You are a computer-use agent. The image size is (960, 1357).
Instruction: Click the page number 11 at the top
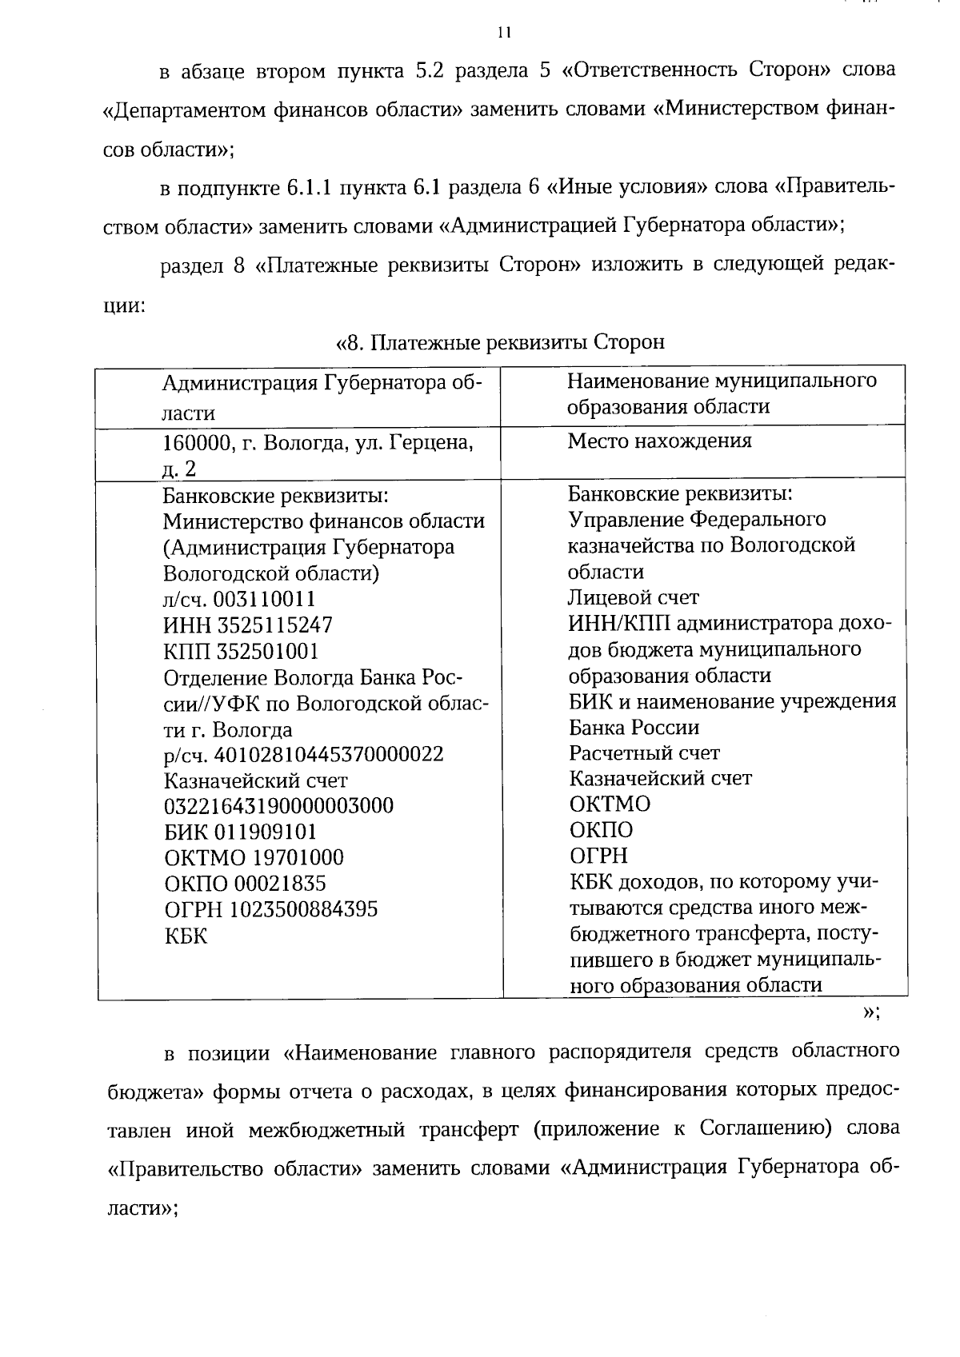tap(503, 33)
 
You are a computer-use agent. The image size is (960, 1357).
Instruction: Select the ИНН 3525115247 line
tap(248, 625)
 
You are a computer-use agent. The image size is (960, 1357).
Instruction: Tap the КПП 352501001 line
tap(241, 651)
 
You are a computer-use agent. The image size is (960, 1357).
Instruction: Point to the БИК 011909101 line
tap(240, 832)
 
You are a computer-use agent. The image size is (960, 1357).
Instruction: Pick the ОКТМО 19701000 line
tap(254, 857)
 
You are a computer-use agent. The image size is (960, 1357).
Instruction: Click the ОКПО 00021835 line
tap(245, 884)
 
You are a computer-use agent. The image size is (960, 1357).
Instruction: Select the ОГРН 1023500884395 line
tap(270, 909)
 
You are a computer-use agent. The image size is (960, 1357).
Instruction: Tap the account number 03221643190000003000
tap(278, 805)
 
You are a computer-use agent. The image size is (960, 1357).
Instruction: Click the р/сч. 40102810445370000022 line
tap(303, 754)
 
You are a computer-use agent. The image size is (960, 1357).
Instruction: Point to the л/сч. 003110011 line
tap(239, 599)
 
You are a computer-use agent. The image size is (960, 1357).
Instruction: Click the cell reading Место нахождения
tap(659, 441)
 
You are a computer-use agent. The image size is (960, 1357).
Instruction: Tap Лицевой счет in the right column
tap(634, 597)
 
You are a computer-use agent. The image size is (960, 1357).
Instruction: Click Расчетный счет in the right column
tap(644, 752)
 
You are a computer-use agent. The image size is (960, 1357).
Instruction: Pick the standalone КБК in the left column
tap(185, 936)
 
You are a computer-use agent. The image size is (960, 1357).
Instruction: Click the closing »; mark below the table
tap(871, 1012)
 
